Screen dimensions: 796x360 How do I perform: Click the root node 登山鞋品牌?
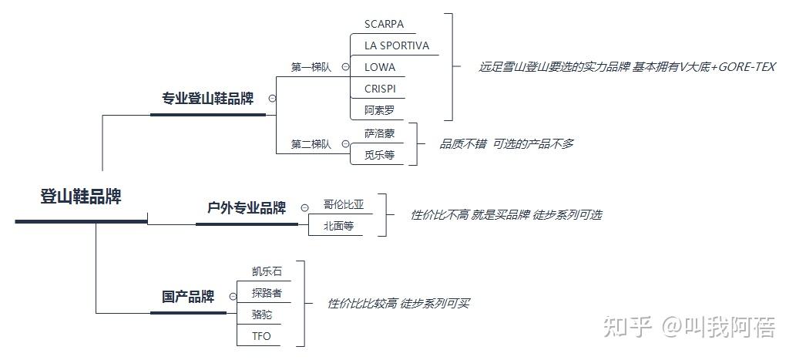coord(81,197)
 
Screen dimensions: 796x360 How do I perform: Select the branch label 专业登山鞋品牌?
coord(207,99)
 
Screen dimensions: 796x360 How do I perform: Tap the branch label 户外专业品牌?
coord(247,207)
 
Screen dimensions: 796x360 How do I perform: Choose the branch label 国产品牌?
coord(188,297)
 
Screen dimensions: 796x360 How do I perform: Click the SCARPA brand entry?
coord(384,24)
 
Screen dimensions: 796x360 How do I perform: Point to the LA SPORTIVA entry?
coord(397,45)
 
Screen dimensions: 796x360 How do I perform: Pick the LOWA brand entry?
coord(380,67)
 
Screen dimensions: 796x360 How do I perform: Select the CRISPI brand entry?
coord(380,89)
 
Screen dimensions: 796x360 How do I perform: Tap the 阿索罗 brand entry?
coord(379,110)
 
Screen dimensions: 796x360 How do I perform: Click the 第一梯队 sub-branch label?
coord(311,67)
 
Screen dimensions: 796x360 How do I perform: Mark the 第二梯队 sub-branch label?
coord(311,144)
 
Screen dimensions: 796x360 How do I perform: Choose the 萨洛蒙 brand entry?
coord(379,133)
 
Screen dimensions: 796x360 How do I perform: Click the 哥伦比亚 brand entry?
coord(344,204)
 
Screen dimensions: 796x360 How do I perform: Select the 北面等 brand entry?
coord(338,227)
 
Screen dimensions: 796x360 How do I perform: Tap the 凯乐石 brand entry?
coord(267,271)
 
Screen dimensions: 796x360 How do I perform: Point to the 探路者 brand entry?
coord(267,293)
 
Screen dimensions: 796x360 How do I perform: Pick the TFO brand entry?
coord(261,336)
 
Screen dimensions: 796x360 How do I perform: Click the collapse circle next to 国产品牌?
coord(233,297)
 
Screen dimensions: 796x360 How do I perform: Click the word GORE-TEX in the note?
coord(747,67)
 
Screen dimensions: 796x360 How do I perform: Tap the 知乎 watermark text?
coord(628,327)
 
